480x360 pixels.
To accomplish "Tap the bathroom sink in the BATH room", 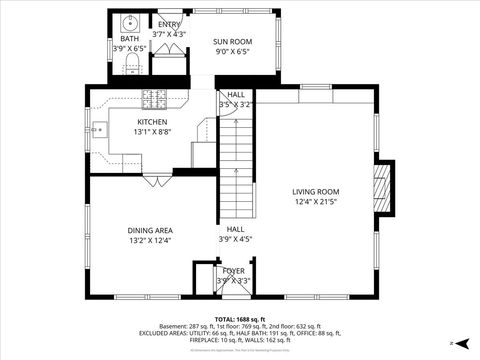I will [x=131, y=21].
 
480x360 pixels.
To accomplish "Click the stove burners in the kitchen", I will [x=155, y=98].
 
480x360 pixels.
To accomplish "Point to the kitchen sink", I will [x=98, y=129].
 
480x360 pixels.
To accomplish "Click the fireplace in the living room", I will [x=381, y=187].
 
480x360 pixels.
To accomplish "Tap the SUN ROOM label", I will [x=232, y=42].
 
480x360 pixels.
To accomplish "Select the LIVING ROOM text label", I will [x=315, y=192].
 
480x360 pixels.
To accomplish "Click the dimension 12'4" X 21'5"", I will [x=315, y=202].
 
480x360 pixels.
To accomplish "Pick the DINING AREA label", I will [x=150, y=230].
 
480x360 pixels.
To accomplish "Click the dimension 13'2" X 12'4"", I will [x=150, y=240].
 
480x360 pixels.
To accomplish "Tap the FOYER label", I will [x=233, y=270].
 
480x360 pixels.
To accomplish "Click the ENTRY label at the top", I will [x=169, y=24].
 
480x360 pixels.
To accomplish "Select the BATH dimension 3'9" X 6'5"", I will [x=130, y=47].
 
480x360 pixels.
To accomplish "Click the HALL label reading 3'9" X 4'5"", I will [x=235, y=234].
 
